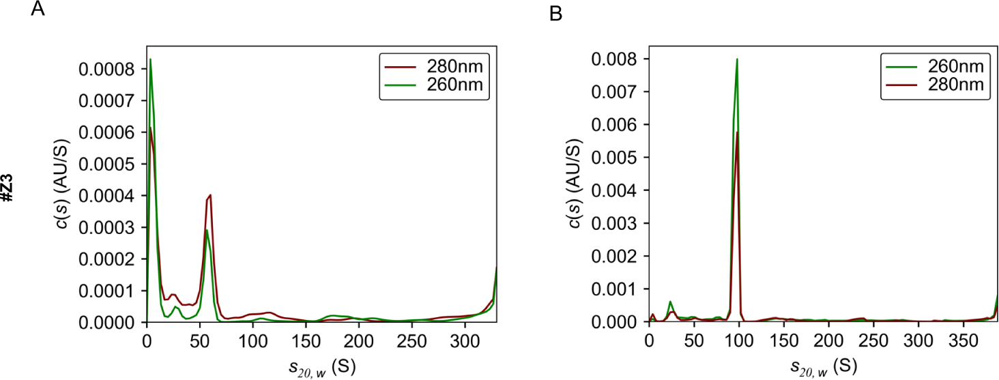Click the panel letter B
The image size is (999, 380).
tap(556, 13)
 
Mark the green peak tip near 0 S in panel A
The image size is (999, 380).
tap(150, 59)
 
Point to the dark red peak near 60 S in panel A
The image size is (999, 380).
tap(210, 195)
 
